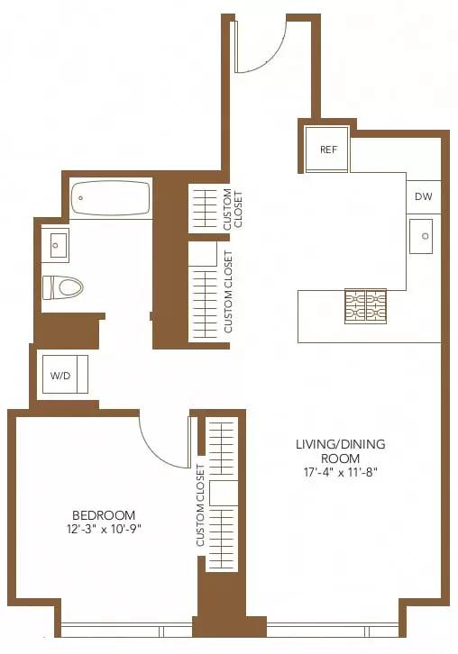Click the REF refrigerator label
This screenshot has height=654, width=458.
point(328,150)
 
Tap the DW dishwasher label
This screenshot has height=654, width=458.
point(423,196)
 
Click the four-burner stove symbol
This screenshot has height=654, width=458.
point(364,306)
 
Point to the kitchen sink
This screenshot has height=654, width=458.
point(423,237)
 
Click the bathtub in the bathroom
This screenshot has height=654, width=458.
point(111,198)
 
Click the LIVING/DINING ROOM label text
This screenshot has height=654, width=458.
point(341,451)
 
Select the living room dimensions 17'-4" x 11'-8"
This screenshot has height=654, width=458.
point(341,472)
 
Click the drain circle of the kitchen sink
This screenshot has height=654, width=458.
point(425,238)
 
